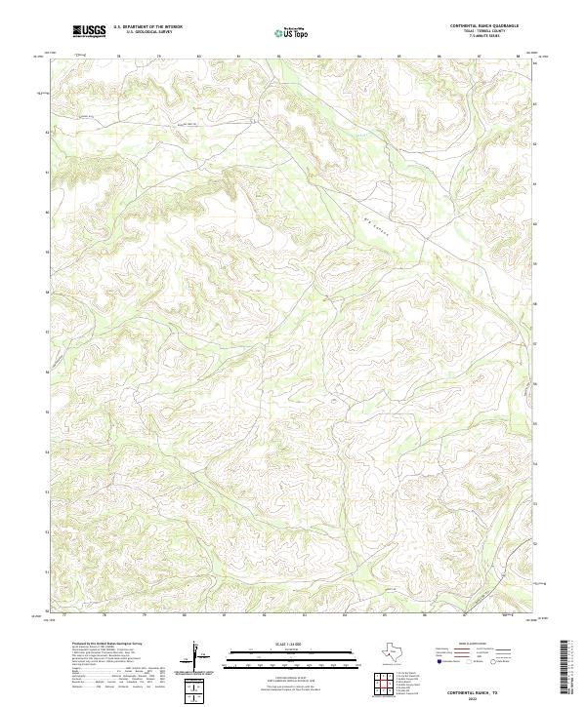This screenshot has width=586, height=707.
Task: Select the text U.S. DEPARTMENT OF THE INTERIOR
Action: [x=147, y=26]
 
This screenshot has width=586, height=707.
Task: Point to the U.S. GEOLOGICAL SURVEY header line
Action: [x=147, y=32]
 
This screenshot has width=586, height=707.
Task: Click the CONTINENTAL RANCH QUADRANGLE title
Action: [x=485, y=25]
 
